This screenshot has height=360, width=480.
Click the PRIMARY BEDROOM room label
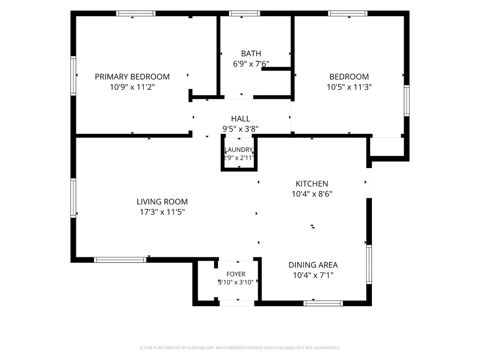pyautogui.click(x=132, y=76)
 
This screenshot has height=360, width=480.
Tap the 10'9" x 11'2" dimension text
pyautogui.click(x=132, y=87)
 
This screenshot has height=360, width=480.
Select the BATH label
pyautogui.click(x=251, y=54)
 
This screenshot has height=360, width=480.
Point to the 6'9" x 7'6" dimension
pyautogui.click(x=251, y=64)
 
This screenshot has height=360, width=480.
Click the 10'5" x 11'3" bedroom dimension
pyautogui.click(x=349, y=87)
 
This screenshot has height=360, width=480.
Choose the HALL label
pyautogui.click(x=240, y=119)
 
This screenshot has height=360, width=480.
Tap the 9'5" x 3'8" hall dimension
pyautogui.click(x=240, y=129)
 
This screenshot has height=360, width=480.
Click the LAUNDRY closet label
pyautogui.click(x=239, y=150)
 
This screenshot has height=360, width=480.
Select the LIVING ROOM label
pyautogui.click(x=162, y=202)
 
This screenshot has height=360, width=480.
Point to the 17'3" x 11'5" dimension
pyautogui.click(x=162, y=212)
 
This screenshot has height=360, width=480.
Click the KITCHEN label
pyautogui.click(x=312, y=184)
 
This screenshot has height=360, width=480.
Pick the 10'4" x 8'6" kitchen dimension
pyautogui.click(x=312, y=194)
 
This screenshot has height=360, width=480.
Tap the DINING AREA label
pyautogui.click(x=313, y=265)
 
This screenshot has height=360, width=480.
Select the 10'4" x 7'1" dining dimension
pyautogui.click(x=313, y=275)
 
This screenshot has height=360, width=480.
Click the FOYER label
pyautogui.click(x=236, y=274)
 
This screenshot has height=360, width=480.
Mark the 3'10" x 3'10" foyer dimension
pyautogui.click(x=236, y=282)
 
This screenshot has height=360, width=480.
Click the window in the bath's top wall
pyautogui.click(x=245, y=13)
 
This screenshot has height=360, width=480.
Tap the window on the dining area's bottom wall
pyautogui.click(x=323, y=303)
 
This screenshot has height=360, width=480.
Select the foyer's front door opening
pyautogui.click(x=237, y=303)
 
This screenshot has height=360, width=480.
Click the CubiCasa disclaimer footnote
pyautogui.click(x=240, y=348)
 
